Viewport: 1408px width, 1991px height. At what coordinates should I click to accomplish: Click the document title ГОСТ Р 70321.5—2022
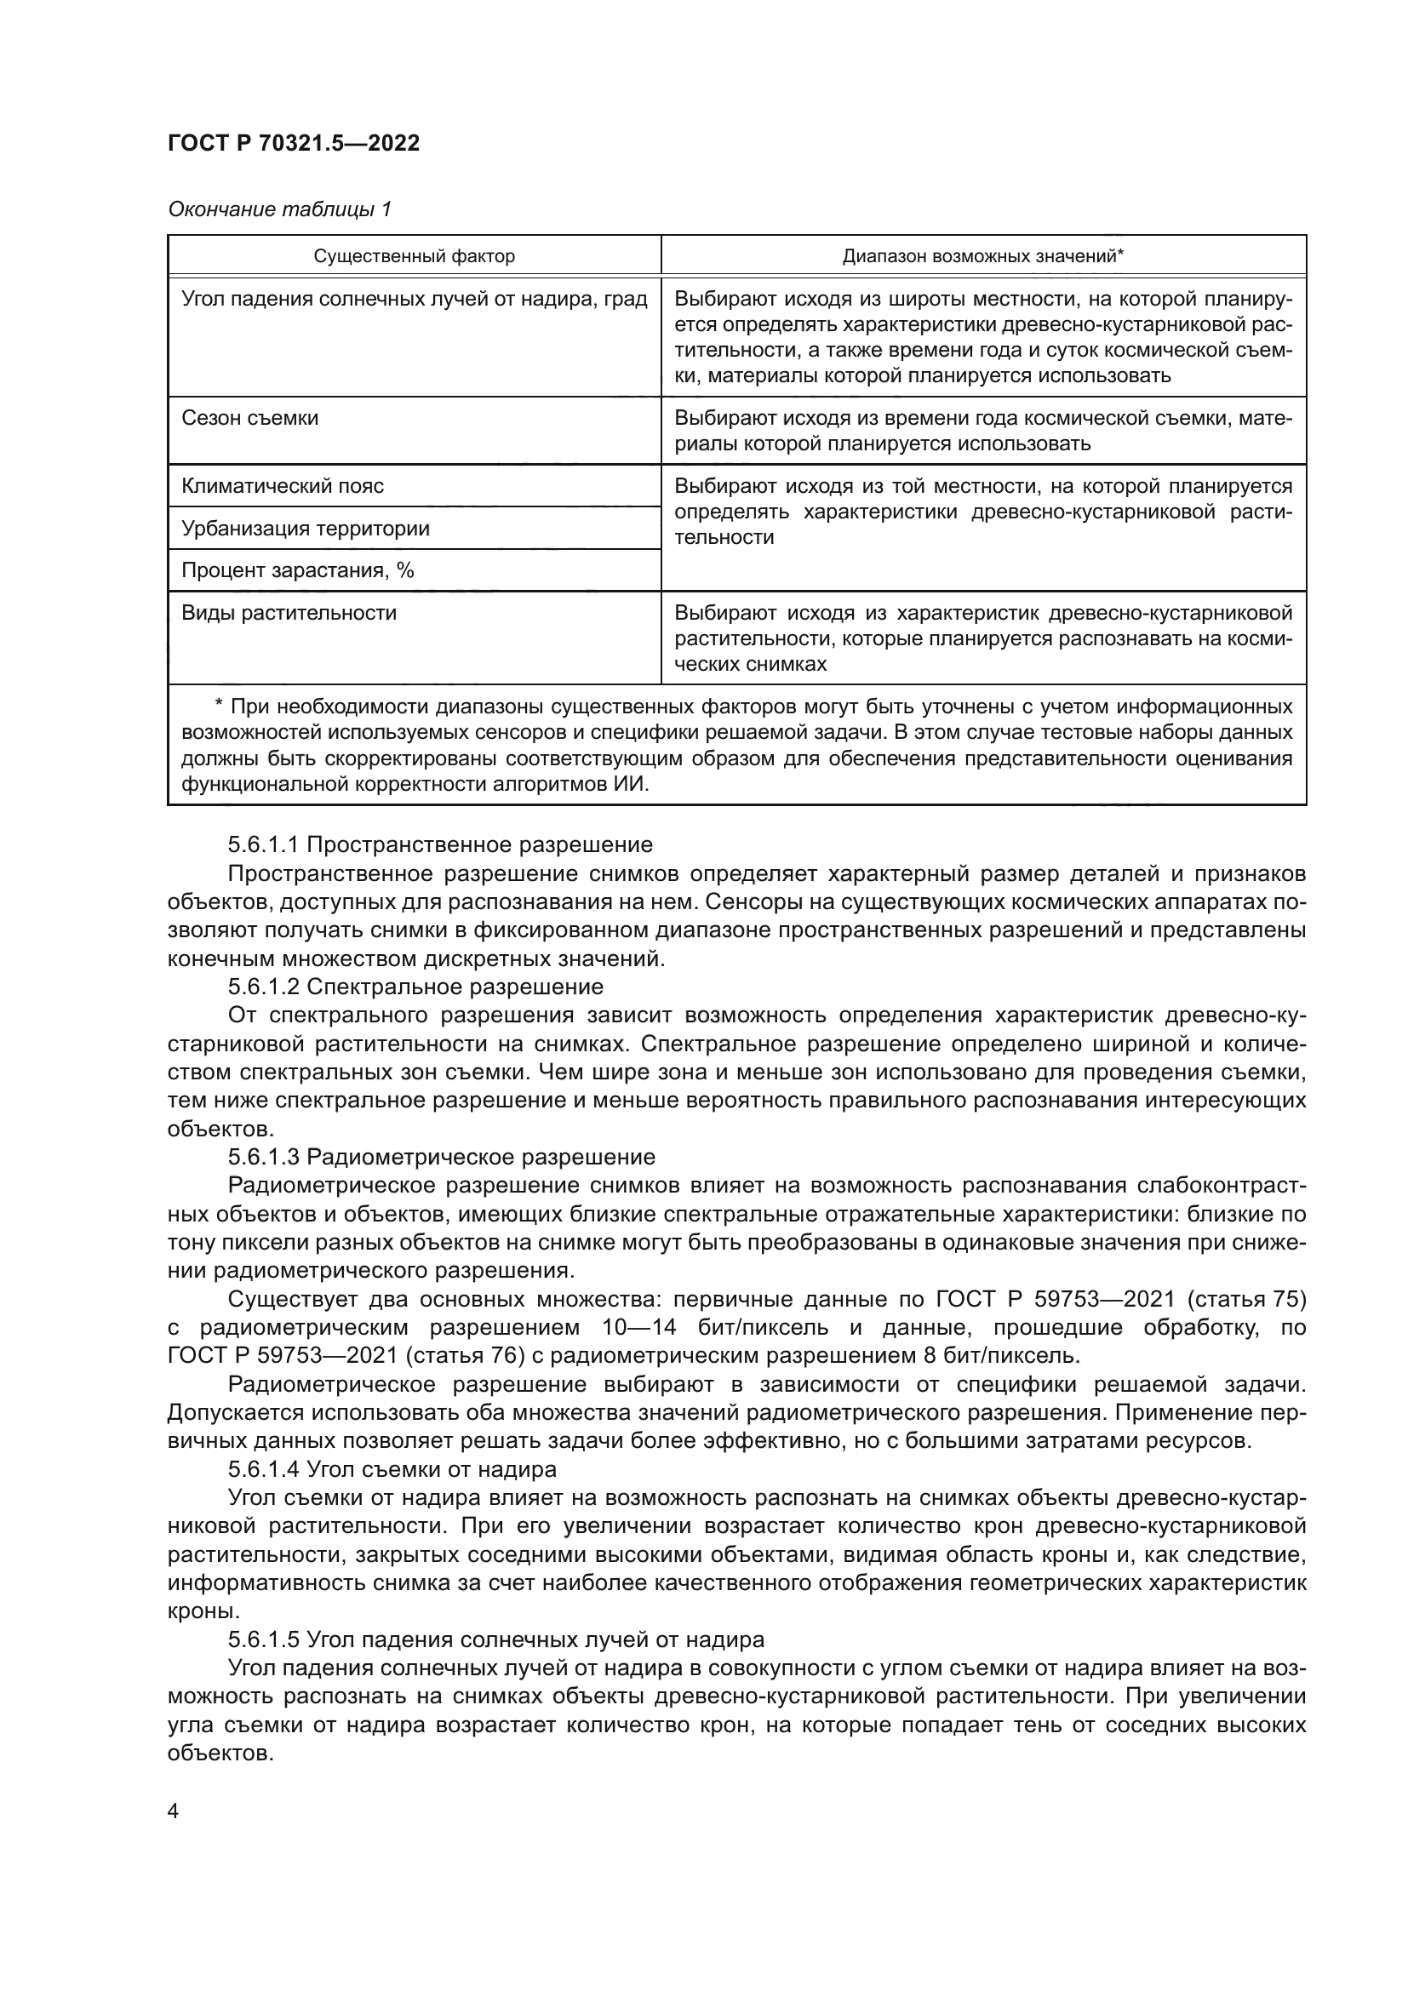pos(293,143)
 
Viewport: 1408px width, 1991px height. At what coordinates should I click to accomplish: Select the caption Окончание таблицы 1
pos(279,209)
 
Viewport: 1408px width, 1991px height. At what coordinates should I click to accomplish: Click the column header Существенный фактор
pos(414,257)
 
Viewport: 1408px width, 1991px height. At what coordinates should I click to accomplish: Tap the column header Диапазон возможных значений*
pos(982,257)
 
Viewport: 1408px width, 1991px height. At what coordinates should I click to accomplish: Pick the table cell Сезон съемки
pos(249,418)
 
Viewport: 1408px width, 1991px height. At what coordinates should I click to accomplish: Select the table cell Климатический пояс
pos(282,485)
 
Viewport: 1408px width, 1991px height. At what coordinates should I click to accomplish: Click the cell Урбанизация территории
pos(306,528)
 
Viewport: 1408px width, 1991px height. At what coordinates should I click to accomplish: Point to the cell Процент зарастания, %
pos(297,570)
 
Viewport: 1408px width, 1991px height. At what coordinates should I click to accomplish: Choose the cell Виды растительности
pos(289,613)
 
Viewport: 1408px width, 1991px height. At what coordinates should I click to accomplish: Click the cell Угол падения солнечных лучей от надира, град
pos(414,300)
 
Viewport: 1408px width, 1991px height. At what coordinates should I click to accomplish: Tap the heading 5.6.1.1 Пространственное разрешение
pos(439,844)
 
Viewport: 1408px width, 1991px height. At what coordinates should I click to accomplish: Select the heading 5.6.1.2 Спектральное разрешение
pos(415,987)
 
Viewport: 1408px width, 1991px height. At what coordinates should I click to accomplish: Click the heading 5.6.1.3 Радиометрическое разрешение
pos(441,1157)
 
